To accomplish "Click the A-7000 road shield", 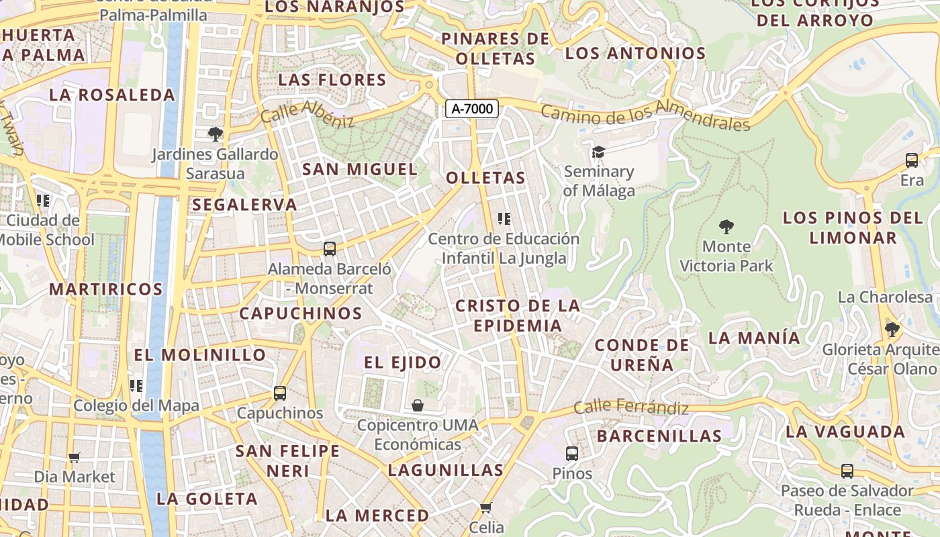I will coord(472,108).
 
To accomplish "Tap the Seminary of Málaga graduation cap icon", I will coord(598,152).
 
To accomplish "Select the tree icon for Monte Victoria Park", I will coord(726,226).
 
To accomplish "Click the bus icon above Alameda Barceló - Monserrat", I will coord(329,249).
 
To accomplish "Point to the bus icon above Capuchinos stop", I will coord(280,393).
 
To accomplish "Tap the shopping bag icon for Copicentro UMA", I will coord(418,405).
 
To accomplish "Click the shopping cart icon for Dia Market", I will coord(75,457).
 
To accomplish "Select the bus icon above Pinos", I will coord(571,454).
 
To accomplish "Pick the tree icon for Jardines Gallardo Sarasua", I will coord(215,134).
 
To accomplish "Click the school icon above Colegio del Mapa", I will coord(136,386).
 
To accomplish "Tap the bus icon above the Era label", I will coord(911,160).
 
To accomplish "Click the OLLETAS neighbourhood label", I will coord(485,178).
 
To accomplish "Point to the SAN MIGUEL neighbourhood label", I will coord(360,169).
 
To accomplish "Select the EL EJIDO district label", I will coord(403,362).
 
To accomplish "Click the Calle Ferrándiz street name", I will coord(631,407).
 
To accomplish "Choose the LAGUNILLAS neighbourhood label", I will coord(446,470).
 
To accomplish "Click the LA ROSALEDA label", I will coord(112,95).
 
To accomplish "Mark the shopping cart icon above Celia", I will coord(486,507).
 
